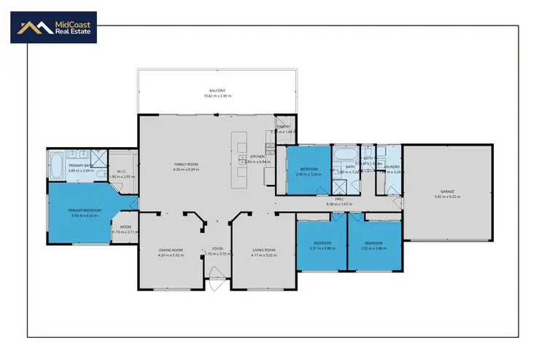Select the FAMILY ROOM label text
tap(186, 165)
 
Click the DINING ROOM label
tap(171, 250)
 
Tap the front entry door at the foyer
tap(217, 277)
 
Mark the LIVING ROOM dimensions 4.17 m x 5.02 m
tap(265, 256)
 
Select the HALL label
tap(339, 199)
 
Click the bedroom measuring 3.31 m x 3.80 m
tap(322, 245)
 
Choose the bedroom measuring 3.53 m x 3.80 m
tap(373, 245)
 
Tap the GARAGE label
tap(447, 191)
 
